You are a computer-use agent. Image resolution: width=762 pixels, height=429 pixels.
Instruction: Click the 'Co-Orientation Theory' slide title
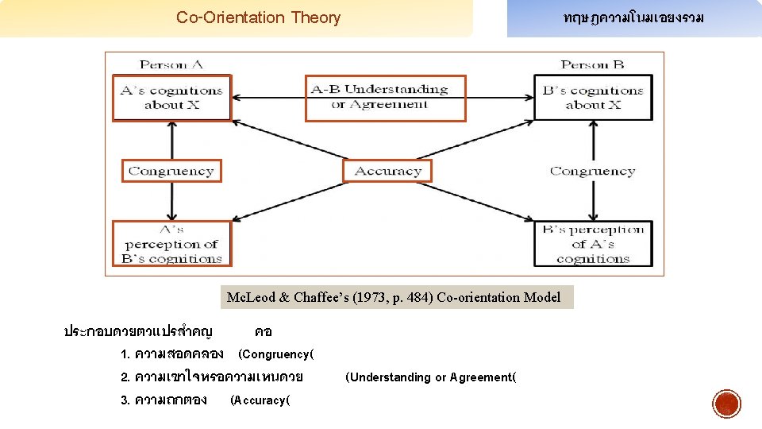click(x=258, y=17)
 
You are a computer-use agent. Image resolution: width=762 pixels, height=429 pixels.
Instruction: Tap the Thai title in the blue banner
click(x=633, y=17)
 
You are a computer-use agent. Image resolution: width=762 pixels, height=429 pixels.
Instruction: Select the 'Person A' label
click(x=171, y=64)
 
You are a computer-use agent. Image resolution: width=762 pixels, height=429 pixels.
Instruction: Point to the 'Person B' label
click(x=592, y=64)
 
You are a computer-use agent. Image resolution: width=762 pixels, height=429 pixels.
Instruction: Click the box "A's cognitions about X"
click(x=171, y=98)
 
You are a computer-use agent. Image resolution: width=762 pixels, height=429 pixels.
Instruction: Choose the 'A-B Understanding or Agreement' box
click(x=385, y=98)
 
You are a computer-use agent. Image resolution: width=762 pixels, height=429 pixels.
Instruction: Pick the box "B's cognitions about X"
click(x=594, y=98)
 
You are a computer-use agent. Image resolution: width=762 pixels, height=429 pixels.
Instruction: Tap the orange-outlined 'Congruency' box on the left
click(x=171, y=171)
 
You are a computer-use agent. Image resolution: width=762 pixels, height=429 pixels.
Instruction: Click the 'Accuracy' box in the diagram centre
click(x=387, y=171)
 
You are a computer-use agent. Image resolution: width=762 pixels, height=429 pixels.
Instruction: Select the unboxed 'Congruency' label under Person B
click(x=592, y=171)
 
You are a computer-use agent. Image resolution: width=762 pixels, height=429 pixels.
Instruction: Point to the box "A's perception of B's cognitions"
click(x=171, y=243)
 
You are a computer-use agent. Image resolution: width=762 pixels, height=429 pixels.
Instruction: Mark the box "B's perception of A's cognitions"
click(x=594, y=243)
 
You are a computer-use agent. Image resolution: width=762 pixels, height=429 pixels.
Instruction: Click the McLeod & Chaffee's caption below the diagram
click(x=394, y=298)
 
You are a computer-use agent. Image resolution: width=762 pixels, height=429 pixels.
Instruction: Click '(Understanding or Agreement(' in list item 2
click(x=430, y=377)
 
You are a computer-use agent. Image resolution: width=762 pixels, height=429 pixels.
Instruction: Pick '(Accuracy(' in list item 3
click(x=260, y=400)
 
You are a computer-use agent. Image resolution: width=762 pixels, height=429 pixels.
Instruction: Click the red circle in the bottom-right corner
click(x=726, y=404)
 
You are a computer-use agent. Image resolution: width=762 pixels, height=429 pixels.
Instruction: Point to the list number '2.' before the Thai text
click(x=125, y=377)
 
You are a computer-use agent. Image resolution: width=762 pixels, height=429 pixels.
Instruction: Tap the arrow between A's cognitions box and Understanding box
click(x=268, y=98)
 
